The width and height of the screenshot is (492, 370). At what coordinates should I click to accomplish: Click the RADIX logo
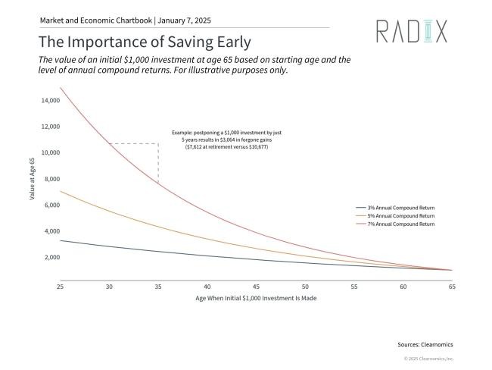click(x=412, y=31)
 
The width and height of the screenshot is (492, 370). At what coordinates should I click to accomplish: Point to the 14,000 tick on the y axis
click(x=50, y=100)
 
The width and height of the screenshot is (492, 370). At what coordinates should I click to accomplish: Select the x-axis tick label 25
click(x=60, y=287)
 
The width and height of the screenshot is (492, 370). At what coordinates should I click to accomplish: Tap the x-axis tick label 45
click(x=256, y=287)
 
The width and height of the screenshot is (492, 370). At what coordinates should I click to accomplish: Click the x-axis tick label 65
click(x=452, y=287)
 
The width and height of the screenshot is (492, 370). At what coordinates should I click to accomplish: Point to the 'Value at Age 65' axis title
click(x=33, y=179)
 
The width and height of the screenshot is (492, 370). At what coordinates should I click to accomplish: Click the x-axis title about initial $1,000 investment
click(x=255, y=298)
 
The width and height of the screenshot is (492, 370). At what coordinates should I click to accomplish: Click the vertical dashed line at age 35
click(x=158, y=161)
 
